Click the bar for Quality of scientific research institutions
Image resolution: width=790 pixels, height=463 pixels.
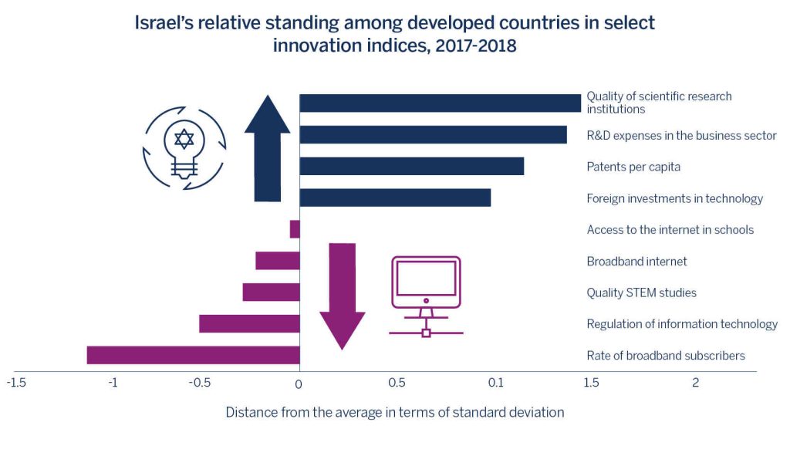pos(440,103)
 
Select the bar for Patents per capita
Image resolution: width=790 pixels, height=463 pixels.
pos(411,166)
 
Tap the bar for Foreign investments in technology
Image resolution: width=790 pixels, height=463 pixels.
pos(395,198)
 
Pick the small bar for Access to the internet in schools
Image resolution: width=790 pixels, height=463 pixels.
pos(295,229)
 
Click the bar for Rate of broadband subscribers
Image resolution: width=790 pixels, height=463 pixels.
pos(193,355)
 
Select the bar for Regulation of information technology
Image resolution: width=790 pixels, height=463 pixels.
pos(249,323)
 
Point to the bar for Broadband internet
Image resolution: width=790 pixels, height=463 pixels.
pos(278,261)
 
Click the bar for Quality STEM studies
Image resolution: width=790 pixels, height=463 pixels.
pos(271,292)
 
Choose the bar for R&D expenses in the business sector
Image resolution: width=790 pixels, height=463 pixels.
pos(433,134)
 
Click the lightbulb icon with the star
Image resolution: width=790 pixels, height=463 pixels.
pos(184,148)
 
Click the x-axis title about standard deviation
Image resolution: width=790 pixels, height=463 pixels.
pos(394,412)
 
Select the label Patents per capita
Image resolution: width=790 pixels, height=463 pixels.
pos(633,167)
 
